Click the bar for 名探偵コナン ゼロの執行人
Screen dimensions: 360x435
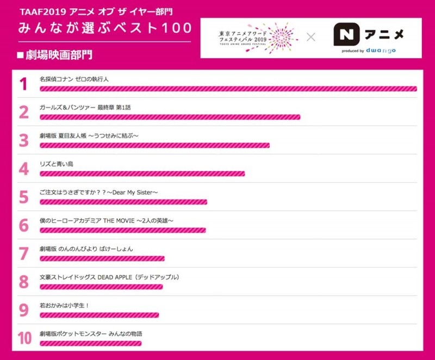click(x=228, y=89)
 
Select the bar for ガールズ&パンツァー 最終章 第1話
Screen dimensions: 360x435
click(x=170, y=117)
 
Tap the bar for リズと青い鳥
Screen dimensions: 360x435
click(x=142, y=173)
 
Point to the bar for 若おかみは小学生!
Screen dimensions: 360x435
click(x=99, y=315)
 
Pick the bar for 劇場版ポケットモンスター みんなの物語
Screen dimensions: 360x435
click(x=90, y=343)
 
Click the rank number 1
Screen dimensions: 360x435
click(x=23, y=84)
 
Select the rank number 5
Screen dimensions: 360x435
click(x=23, y=197)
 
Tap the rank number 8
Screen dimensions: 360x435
click(x=23, y=282)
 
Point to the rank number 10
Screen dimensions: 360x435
click(x=24, y=338)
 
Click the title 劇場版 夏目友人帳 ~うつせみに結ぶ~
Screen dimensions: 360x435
click(x=89, y=135)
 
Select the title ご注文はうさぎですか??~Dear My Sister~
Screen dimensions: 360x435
click(x=98, y=192)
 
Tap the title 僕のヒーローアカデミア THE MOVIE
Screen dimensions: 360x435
click(x=107, y=220)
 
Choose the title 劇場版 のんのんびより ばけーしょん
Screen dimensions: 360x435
click(x=86, y=249)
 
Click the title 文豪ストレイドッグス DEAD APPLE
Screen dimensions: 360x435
click(x=109, y=277)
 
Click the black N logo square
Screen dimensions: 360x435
click(x=344, y=35)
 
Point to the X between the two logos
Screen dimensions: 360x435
click(x=311, y=37)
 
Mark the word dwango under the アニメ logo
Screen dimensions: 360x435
click(x=384, y=51)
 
